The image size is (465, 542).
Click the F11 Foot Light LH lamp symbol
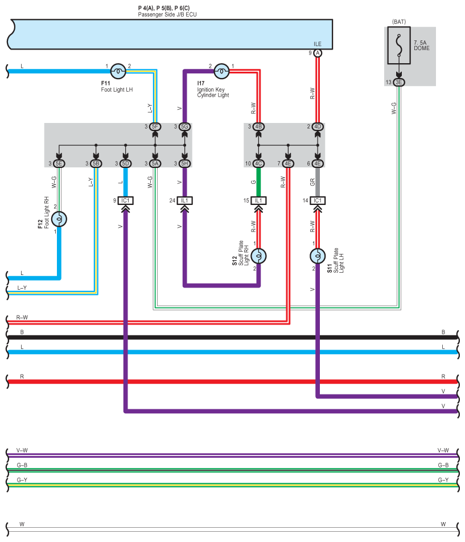tap(118, 71)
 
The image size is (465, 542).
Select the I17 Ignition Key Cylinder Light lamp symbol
tap(221, 71)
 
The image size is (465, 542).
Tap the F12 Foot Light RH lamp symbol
tap(59, 219)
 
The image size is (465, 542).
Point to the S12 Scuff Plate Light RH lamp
tap(258, 256)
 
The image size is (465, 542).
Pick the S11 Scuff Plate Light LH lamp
tap(318, 256)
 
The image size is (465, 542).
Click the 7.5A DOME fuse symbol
tap(399, 46)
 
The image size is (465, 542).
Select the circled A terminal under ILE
tap(318, 53)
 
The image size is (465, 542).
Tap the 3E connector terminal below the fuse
tap(399, 82)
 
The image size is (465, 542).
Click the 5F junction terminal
tap(155, 126)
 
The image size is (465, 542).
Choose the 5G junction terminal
tap(185, 126)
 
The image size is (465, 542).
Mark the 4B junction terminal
tap(258, 126)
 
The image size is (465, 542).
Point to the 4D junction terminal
tap(318, 126)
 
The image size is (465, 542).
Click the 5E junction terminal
tap(59, 163)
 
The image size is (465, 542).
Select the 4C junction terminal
tap(258, 163)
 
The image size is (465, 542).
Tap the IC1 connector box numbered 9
tap(125, 200)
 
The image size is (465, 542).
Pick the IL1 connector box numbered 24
tap(185, 200)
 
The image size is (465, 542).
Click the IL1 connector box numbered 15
tap(258, 200)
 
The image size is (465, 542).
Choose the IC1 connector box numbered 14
tap(318, 200)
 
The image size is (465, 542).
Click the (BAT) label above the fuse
tap(399, 22)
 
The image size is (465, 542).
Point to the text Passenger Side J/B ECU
tap(167, 15)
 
